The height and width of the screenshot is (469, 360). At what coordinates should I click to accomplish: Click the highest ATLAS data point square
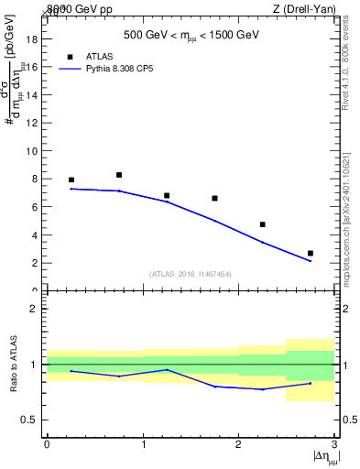[x=119, y=175]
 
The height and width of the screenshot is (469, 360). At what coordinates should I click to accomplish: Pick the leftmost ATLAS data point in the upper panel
[x=71, y=180]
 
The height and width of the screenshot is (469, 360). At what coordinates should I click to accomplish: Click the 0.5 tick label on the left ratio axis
[x=29, y=420]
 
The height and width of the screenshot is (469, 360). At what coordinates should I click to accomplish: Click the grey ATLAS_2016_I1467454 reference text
[x=191, y=274]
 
